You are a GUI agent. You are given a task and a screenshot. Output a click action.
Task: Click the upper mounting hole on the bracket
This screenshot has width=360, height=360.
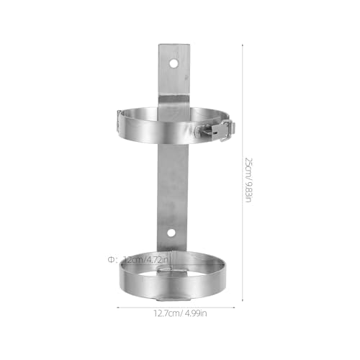(174, 63)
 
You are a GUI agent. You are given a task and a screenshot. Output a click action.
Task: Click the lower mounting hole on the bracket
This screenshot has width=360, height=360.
(171, 233)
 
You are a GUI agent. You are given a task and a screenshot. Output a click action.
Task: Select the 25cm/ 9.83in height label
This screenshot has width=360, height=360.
(248, 180)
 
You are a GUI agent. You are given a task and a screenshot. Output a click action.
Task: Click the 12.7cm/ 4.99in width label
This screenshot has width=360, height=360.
(180, 313)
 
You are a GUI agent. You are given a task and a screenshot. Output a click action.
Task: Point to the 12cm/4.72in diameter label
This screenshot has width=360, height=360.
(146, 260)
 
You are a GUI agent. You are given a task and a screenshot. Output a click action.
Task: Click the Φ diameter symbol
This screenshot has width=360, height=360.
(111, 260)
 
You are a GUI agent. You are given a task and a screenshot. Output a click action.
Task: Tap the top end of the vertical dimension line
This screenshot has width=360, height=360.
(243, 45)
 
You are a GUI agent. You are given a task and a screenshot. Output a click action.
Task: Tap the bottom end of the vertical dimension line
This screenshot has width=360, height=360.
(243, 300)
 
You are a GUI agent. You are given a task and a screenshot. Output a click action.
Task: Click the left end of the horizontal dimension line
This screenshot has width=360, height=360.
(117, 307)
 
